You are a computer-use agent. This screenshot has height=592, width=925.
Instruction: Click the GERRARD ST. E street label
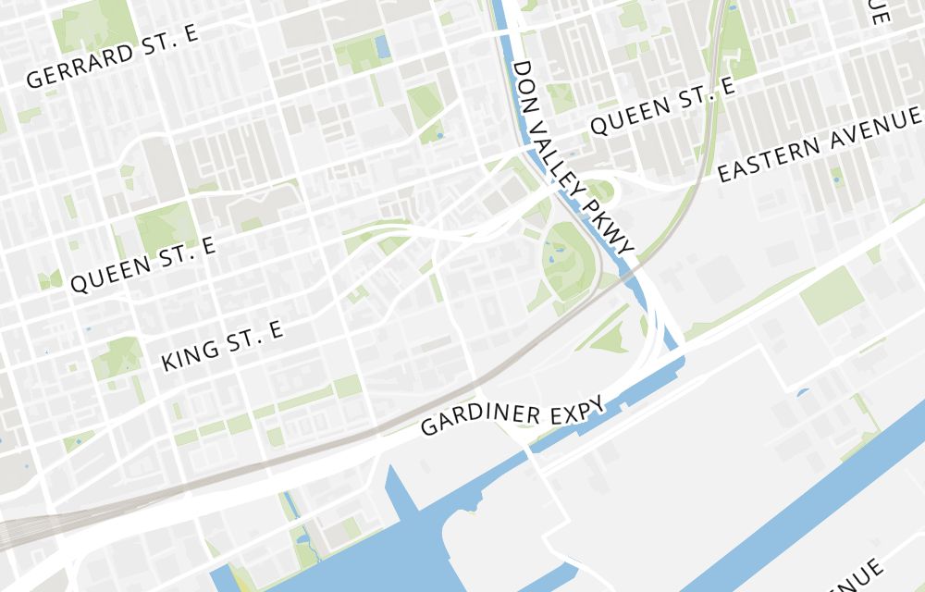pos(113,58)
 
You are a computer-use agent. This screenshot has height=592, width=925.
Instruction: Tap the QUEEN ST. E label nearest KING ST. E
pos(142,264)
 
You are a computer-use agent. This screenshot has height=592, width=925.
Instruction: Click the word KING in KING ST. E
pos(190,351)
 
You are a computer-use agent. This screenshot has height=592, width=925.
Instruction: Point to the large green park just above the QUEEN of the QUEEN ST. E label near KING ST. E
pos(165,225)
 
